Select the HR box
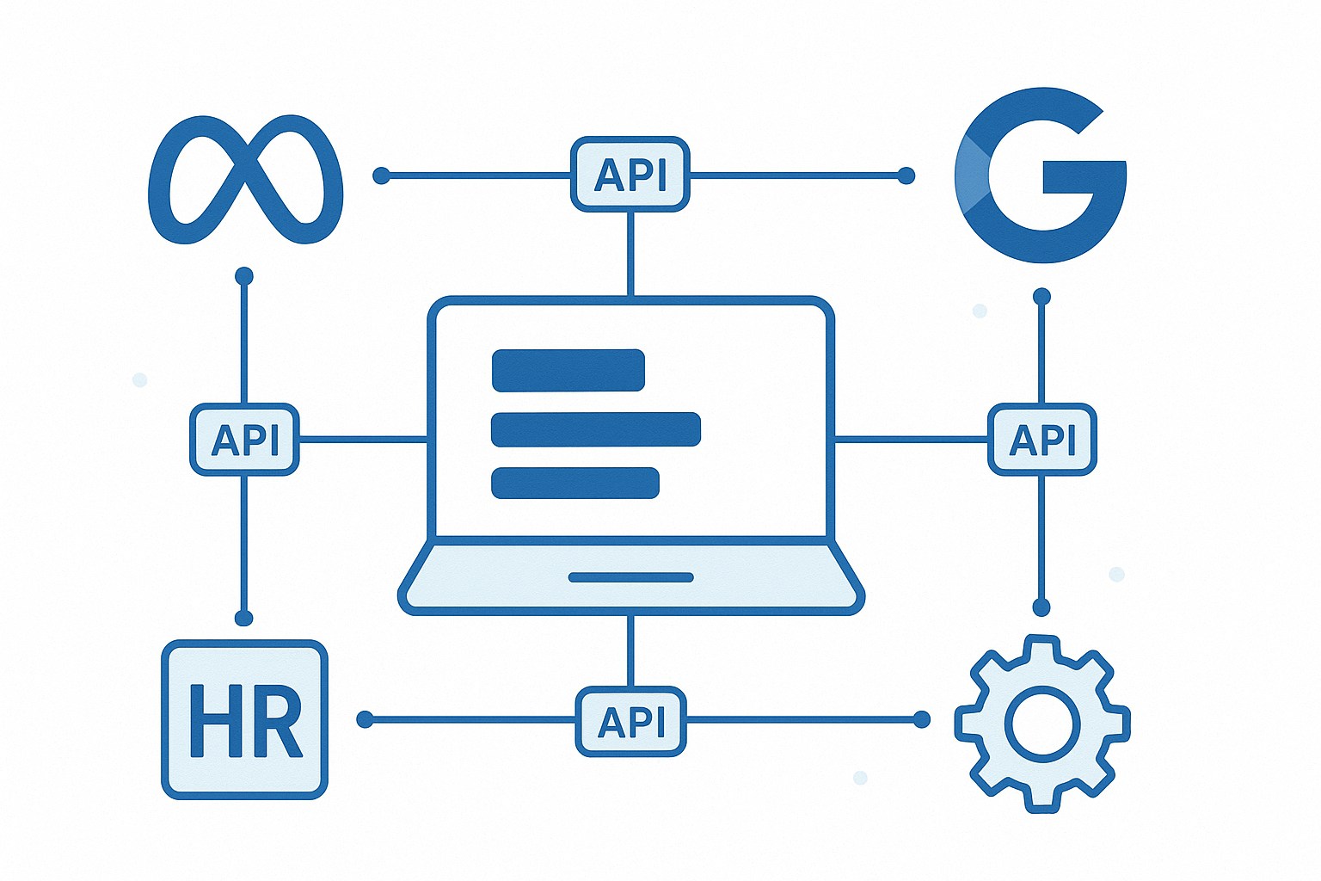point(244,719)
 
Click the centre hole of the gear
point(1041,723)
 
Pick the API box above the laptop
point(630,174)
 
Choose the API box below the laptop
point(630,721)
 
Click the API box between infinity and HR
point(244,439)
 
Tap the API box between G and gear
point(1042,439)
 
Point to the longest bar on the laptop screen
point(595,429)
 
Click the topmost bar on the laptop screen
point(568,370)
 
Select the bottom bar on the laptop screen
point(574,483)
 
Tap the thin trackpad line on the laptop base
point(630,577)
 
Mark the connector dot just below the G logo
point(1041,297)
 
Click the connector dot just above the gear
point(1041,607)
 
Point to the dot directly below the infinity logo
point(244,276)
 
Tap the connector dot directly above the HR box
point(244,618)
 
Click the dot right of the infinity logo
point(381,176)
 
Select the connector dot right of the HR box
point(365,718)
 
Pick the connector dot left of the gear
point(922,718)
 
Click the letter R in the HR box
point(277,721)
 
